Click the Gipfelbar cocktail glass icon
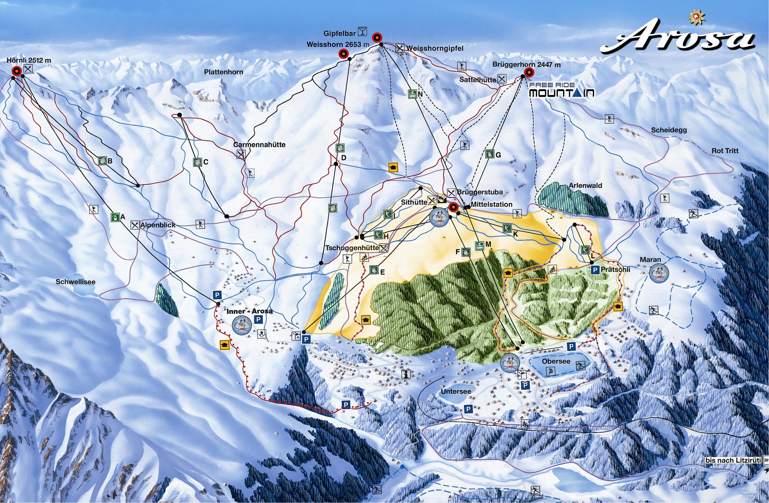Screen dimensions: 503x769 (363, 32)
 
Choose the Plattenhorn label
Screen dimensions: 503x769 (224, 72)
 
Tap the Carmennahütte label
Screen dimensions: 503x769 (259, 145)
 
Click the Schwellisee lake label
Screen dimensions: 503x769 (76, 282)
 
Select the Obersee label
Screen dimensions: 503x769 (556, 361)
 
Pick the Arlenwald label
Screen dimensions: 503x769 (585, 186)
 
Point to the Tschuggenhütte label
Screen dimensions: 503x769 (352, 248)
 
